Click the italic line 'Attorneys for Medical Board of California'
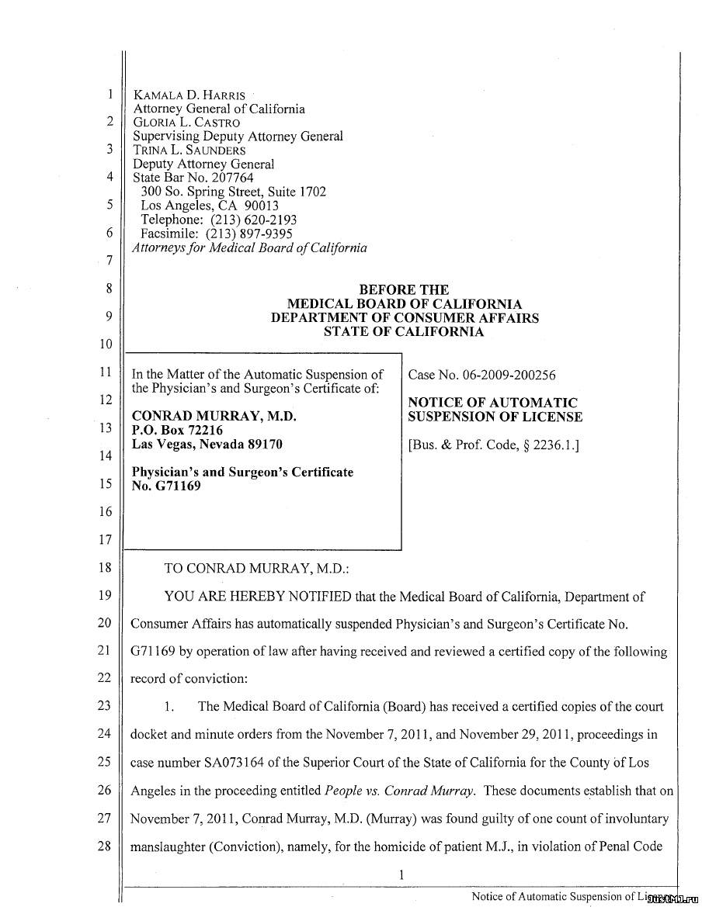coord(250,248)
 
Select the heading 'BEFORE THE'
coord(404,290)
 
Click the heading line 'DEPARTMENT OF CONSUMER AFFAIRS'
coord(405,318)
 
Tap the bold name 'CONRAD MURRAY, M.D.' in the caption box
coord(215,417)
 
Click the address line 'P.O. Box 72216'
coord(178,431)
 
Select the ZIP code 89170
coord(265,445)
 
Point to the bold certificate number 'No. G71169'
coord(166,486)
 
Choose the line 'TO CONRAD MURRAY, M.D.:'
coord(256,568)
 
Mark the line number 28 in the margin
coord(105,846)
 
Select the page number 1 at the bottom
coord(401,875)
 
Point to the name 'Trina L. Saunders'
coord(189,151)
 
